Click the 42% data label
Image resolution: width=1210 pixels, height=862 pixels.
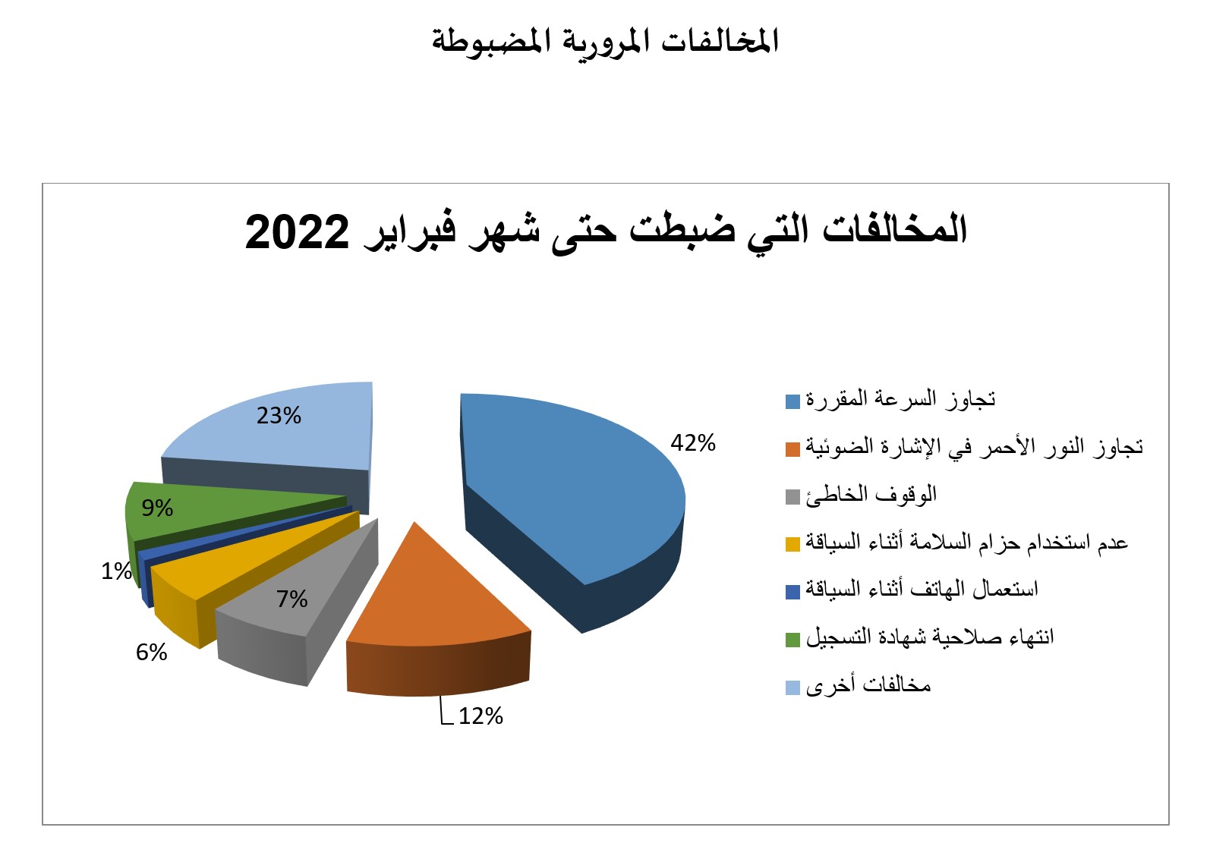693,443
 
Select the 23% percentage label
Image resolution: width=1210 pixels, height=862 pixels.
279,416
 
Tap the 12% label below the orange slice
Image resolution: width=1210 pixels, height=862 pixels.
481,717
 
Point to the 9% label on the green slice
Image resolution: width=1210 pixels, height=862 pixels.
157,508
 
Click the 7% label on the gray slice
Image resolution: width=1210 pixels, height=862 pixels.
292,599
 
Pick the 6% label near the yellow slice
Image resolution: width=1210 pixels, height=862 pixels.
152,653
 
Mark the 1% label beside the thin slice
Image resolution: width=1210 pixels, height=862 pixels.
117,571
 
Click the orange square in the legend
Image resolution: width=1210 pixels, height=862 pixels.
792,449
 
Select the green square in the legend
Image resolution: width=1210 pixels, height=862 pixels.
792,640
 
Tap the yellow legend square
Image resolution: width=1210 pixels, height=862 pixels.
792,544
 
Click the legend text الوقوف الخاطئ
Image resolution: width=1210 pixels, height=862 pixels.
871,495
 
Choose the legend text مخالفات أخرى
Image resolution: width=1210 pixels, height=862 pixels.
868,686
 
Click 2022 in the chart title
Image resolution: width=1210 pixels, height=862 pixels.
297,232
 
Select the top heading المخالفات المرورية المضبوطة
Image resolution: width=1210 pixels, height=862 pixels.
606,41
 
